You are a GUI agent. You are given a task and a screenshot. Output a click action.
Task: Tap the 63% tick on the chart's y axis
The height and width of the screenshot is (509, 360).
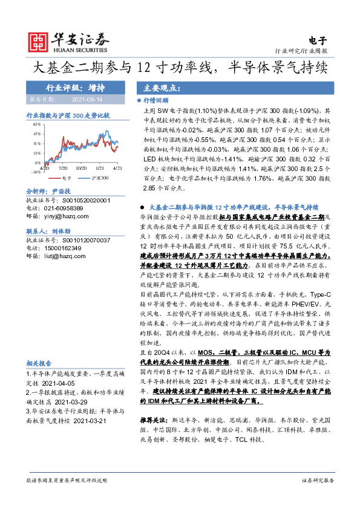pyautogui.click(x=36, y=124)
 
